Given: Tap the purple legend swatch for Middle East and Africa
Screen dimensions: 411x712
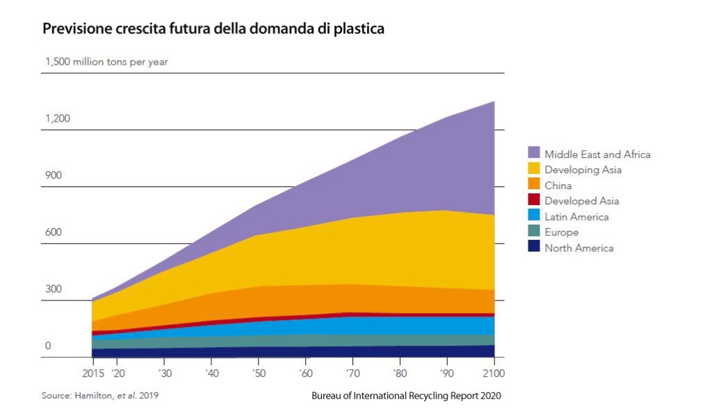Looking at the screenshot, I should [x=534, y=153].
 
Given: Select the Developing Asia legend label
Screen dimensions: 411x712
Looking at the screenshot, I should [x=583, y=170].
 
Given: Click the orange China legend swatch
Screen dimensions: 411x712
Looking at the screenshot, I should [x=534, y=185].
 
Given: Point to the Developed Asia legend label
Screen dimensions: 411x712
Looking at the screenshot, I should [x=581, y=201].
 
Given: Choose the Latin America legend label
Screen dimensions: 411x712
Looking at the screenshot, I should [x=576, y=217].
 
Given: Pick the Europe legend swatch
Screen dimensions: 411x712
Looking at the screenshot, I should [x=534, y=232].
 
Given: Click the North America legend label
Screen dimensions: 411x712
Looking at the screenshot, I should [x=578, y=248].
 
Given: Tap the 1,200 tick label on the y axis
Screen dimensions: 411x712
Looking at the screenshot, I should [x=58, y=118].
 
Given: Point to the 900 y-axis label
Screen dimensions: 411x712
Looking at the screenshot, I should [x=54, y=175].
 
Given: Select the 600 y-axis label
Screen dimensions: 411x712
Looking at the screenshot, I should [x=54, y=232].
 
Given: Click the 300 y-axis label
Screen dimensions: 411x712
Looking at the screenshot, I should [x=54, y=289].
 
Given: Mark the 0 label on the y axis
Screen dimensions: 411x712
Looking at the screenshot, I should [x=48, y=346].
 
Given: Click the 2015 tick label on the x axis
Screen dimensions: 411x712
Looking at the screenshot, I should [x=92, y=373].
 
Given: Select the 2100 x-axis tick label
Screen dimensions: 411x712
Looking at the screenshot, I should [x=493, y=373].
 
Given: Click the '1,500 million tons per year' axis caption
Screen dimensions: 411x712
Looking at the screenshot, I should [x=106, y=62].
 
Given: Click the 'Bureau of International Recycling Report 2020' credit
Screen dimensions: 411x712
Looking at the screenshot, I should [x=406, y=396].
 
